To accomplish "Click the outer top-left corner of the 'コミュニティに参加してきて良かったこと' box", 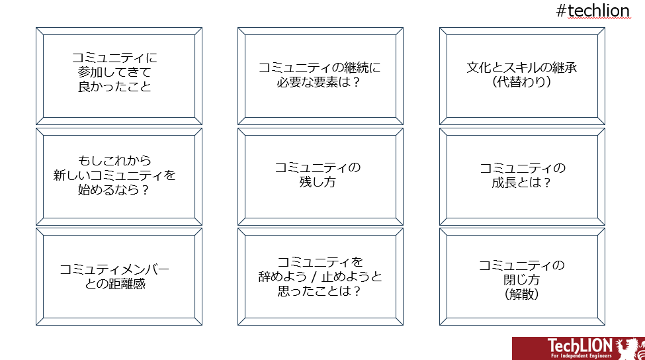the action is point(36,28).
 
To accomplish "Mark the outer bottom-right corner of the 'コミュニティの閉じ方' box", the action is point(605,326).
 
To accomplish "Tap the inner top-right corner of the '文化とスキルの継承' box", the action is point(597,35).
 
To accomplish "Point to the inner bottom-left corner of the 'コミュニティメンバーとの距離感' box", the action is point(43,318).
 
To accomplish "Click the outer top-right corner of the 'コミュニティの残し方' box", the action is point(403,128).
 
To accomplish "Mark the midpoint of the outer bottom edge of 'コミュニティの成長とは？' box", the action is point(523,225).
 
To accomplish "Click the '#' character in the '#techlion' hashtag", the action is point(561,11).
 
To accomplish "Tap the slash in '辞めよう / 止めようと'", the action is point(314,277).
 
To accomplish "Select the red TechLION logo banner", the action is point(578,349).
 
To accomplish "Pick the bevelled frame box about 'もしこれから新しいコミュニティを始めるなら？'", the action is point(119,177).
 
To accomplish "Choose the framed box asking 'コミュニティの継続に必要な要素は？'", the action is point(320,76).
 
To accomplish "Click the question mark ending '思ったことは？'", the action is point(357,291).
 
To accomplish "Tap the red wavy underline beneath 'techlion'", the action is point(599,19).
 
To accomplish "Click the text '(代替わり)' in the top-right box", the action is point(521,82).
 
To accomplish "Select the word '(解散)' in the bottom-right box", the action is point(521,294).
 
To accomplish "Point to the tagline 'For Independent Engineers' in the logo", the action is point(581,356).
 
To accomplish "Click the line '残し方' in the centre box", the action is point(318,182).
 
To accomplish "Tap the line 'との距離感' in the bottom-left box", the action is point(115,284).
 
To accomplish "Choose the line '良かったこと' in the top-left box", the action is point(114,87).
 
